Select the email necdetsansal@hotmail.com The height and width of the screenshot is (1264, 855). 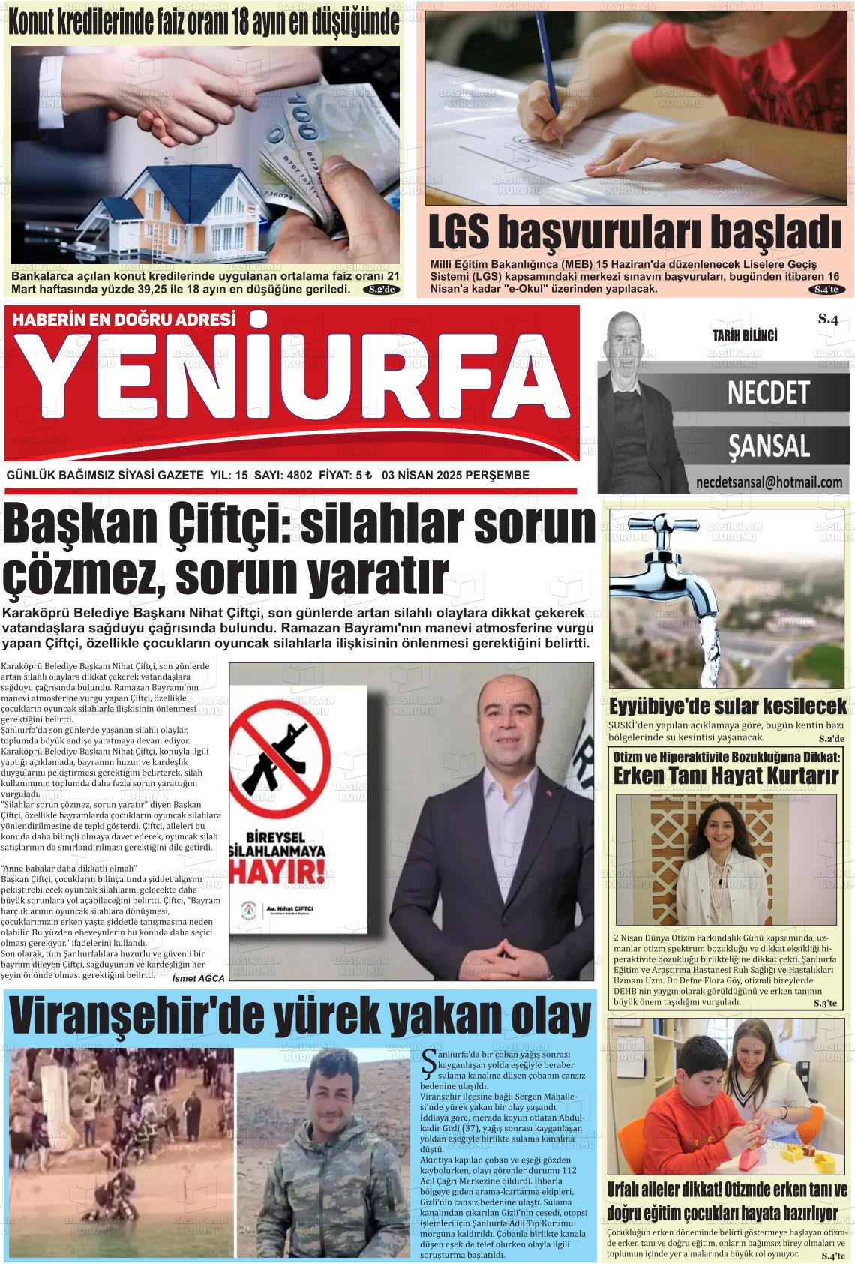pos(769,482)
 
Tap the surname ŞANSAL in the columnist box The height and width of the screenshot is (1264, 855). pos(769,446)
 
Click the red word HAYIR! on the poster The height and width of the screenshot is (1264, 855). pos(279,872)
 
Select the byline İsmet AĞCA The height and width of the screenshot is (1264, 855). pos(198,978)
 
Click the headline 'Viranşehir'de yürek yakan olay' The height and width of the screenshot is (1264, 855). pos(300,1018)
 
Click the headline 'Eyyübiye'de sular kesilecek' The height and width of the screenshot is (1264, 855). pos(727,706)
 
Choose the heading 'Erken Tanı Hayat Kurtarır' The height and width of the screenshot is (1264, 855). pos(725,776)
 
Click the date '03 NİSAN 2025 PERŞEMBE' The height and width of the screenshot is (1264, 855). pos(455,475)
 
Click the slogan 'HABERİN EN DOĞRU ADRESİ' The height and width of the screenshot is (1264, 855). pos(124,319)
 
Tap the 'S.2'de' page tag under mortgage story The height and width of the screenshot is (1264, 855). pos(382,289)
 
